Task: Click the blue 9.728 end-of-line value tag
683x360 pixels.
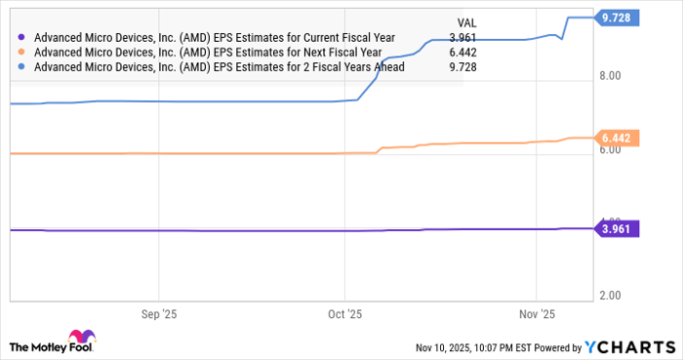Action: (617, 18)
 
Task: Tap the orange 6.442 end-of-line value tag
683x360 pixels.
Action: (617, 139)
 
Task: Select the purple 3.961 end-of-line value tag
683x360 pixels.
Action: (617, 229)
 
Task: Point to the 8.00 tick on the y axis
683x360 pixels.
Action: (611, 74)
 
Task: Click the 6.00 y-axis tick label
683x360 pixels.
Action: (611, 148)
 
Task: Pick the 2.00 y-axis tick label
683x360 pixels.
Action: (611, 295)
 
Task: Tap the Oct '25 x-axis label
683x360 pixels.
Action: (344, 315)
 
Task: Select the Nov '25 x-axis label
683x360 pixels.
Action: (537, 315)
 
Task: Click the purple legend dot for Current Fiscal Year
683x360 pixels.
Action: (22, 37)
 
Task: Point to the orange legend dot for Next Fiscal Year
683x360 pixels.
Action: (22, 52)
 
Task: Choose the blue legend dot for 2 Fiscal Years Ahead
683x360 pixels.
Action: (22, 67)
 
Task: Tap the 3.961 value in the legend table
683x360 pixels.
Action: (462, 37)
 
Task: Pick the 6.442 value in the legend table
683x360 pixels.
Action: (462, 52)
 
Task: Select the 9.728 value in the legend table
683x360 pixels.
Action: (462, 67)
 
